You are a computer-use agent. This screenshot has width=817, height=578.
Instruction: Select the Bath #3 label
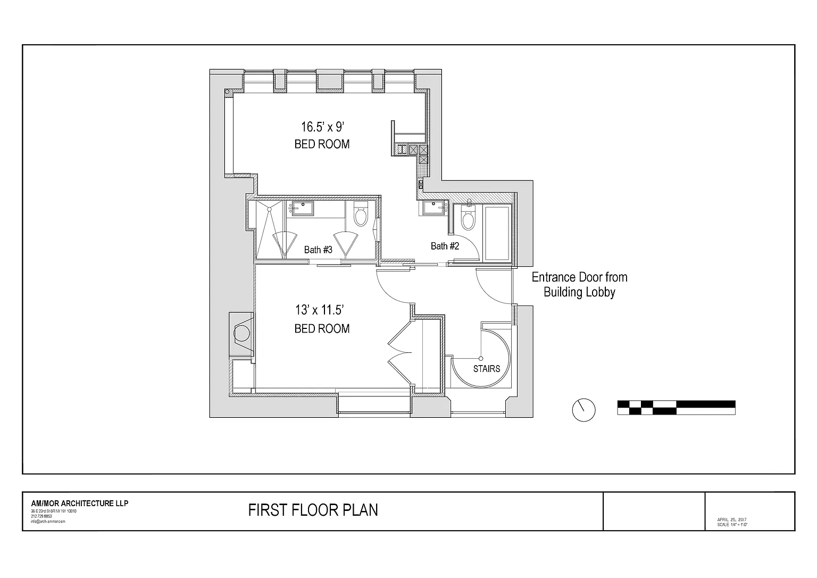(x=318, y=249)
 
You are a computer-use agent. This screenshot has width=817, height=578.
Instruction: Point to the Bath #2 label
(x=445, y=246)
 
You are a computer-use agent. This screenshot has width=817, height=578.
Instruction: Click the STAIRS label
(x=487, y=368)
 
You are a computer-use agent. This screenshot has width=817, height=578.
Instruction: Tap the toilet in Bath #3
(x=361, y=216)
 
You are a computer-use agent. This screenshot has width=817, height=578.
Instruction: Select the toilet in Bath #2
(x=469, y=219)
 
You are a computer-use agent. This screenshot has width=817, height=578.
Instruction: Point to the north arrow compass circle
(x=583, y=410)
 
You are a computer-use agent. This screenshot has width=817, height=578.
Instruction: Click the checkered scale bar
(x=676, y=407)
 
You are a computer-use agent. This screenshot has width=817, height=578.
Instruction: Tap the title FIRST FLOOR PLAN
(x=313, y=510)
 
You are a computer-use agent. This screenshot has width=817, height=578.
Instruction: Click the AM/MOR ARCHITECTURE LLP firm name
(x=80, y=503)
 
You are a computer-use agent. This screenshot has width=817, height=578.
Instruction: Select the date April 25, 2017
(x=733, y=519)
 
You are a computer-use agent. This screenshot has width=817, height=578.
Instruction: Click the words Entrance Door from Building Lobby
(x=579, y=285)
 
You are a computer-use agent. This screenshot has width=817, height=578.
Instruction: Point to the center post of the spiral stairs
(x=481, y=358)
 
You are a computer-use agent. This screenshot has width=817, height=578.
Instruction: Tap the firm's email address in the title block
(x=48, y=522)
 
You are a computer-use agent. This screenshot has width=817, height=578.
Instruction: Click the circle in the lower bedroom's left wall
(x=242, y=333)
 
